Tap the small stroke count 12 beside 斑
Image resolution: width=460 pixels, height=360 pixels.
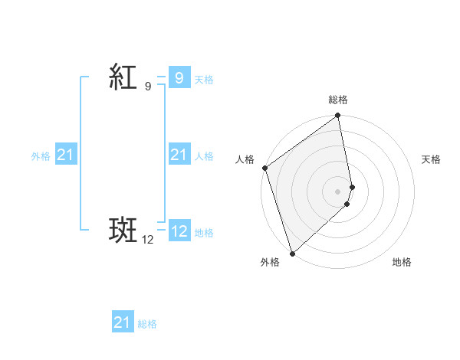click(x=148, y=240)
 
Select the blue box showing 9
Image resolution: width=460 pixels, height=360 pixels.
click(x=179, y=77)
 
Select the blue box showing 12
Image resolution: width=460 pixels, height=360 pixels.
click(x=179, y=231)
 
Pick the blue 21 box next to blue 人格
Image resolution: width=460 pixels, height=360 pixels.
click(x=179, y=155)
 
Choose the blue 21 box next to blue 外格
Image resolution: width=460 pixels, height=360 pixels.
click(x=65, y=155)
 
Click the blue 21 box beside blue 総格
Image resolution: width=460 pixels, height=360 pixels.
click(x=122, y=323)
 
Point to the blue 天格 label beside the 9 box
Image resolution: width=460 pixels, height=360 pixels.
click(x=204, y=79)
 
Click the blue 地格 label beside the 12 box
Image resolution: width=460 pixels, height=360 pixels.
click(x=204, y=233)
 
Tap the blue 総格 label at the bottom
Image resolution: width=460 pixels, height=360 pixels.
click(x=147, y=325)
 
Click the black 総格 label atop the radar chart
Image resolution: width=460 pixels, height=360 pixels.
click(x=338, y=100)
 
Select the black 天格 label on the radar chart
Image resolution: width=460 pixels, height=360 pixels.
click(x=432, y=159)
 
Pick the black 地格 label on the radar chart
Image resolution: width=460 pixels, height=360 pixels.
click(x=402, y=262)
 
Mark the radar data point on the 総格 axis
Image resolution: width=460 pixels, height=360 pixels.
click(x=338, y=116)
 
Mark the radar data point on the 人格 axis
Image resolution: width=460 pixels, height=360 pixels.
click(x=264, y=169)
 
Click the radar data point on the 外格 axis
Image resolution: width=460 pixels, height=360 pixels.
click(x=292, y=252)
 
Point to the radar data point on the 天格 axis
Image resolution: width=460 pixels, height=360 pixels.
click(x=353, y=186)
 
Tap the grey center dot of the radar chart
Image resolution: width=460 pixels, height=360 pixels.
click(x=338, y=191)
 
